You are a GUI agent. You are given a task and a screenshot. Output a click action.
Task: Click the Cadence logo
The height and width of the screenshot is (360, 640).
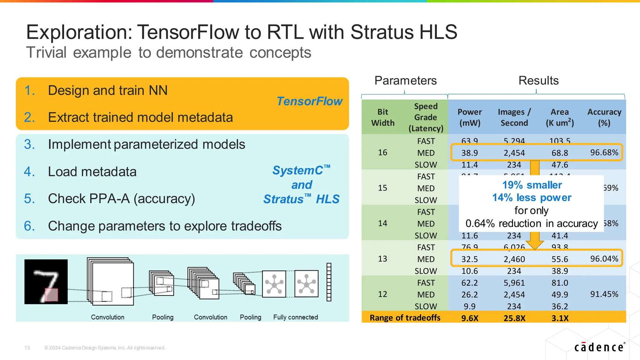599,347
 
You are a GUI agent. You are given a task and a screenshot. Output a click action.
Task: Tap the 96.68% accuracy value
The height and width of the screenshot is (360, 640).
604,152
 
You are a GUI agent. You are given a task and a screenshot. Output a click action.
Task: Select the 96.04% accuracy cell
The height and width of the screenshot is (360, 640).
604,259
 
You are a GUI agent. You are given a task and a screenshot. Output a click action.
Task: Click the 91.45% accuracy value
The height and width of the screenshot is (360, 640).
604,294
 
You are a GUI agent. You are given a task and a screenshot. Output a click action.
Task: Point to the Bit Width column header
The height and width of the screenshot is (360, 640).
382,117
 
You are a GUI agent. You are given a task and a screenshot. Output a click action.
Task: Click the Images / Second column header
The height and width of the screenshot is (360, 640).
514,117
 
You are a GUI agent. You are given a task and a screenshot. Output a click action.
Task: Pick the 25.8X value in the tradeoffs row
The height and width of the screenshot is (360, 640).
514,318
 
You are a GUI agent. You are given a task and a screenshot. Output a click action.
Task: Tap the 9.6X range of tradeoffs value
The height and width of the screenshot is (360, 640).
470,318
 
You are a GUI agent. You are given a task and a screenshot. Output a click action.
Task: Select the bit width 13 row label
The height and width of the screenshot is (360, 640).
382,259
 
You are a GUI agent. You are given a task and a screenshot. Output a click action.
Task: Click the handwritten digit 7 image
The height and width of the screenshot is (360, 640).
46,282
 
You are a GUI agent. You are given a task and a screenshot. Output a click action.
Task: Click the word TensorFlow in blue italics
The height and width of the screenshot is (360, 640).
309,101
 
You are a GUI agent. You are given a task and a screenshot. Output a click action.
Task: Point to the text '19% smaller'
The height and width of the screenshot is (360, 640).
532,185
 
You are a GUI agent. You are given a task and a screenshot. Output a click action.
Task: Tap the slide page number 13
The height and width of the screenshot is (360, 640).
27,348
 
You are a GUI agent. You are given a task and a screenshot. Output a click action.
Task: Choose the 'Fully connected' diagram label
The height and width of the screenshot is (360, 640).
295,317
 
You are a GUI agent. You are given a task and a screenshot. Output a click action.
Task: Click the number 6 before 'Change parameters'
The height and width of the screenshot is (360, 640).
29,226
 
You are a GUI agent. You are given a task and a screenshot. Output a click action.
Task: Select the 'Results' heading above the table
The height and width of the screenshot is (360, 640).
538,81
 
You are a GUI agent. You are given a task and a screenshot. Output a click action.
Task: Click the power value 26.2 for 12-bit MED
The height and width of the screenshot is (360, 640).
469,295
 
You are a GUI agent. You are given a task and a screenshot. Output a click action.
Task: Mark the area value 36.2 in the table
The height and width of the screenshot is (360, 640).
560,306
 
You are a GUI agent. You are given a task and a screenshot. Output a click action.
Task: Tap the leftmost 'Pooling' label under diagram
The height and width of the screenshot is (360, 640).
162,317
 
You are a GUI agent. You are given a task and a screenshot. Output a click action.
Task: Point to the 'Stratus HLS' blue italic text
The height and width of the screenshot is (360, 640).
301,199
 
